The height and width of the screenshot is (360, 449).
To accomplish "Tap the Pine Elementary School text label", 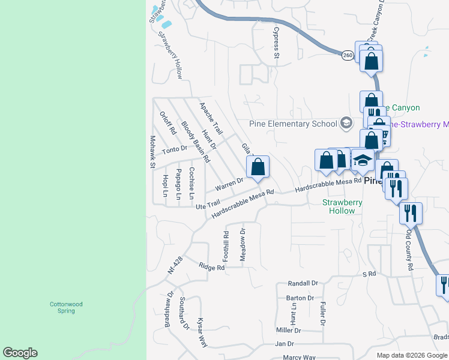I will pyautogui.click(x=294, y=124).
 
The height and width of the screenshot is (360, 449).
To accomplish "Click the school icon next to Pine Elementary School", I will pyautogui.click(x=346, y=124).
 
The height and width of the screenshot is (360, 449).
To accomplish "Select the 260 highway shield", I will pyautogui.click(x=348, y=55).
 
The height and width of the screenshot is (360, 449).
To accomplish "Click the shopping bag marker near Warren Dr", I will pyautogui.click(x=258, y=168).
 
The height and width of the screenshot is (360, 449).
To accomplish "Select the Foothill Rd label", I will pyautogui.click(x=226, y=246).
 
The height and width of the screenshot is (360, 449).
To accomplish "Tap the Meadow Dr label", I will pyautogui.click(x=243, y=244).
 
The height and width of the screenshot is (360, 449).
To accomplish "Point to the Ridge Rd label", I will pyautogui.click(x=211, y=267).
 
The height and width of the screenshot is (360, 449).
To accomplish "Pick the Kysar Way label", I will pyautogui.click(x=202, y=332).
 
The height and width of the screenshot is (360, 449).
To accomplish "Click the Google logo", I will pyautogui.click(x=20, y=353).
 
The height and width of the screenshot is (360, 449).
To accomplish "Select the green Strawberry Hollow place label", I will pyautogui.click(x=342, y=206).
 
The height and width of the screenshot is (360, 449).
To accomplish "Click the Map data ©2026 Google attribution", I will pyautogui.click(x=411, y=355).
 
